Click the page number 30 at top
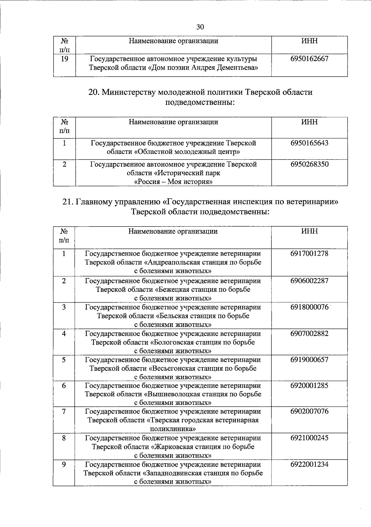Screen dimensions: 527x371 pyautogui.click(x=200, y=27)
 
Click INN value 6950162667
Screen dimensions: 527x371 pyautogui.click(x=309, y=59)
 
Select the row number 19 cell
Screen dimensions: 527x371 pyautogui.click(x=64, y=59)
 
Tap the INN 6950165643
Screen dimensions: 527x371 pyautogui.click(x=309, y=143)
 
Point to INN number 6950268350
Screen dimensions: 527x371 pyautogui.click(x=309, y=164)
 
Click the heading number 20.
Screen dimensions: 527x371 pyautogui.click(x=93, y=92)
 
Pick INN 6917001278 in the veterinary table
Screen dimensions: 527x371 pyautogui.click(x=309, y=254)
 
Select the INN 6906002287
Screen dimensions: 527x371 pyautogui.click(x=309, y=281)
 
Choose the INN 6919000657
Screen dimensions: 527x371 pyautogui.click(x=309, y=360)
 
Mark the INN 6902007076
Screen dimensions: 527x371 pyautogui.click(x=309, y=412)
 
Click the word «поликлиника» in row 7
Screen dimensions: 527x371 pyautogui.click(x=173, y=429)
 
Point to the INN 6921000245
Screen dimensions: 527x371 pyautogui.click(x=309, y=438)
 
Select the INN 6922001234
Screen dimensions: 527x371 pyautogui.click(x=309, y=465)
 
